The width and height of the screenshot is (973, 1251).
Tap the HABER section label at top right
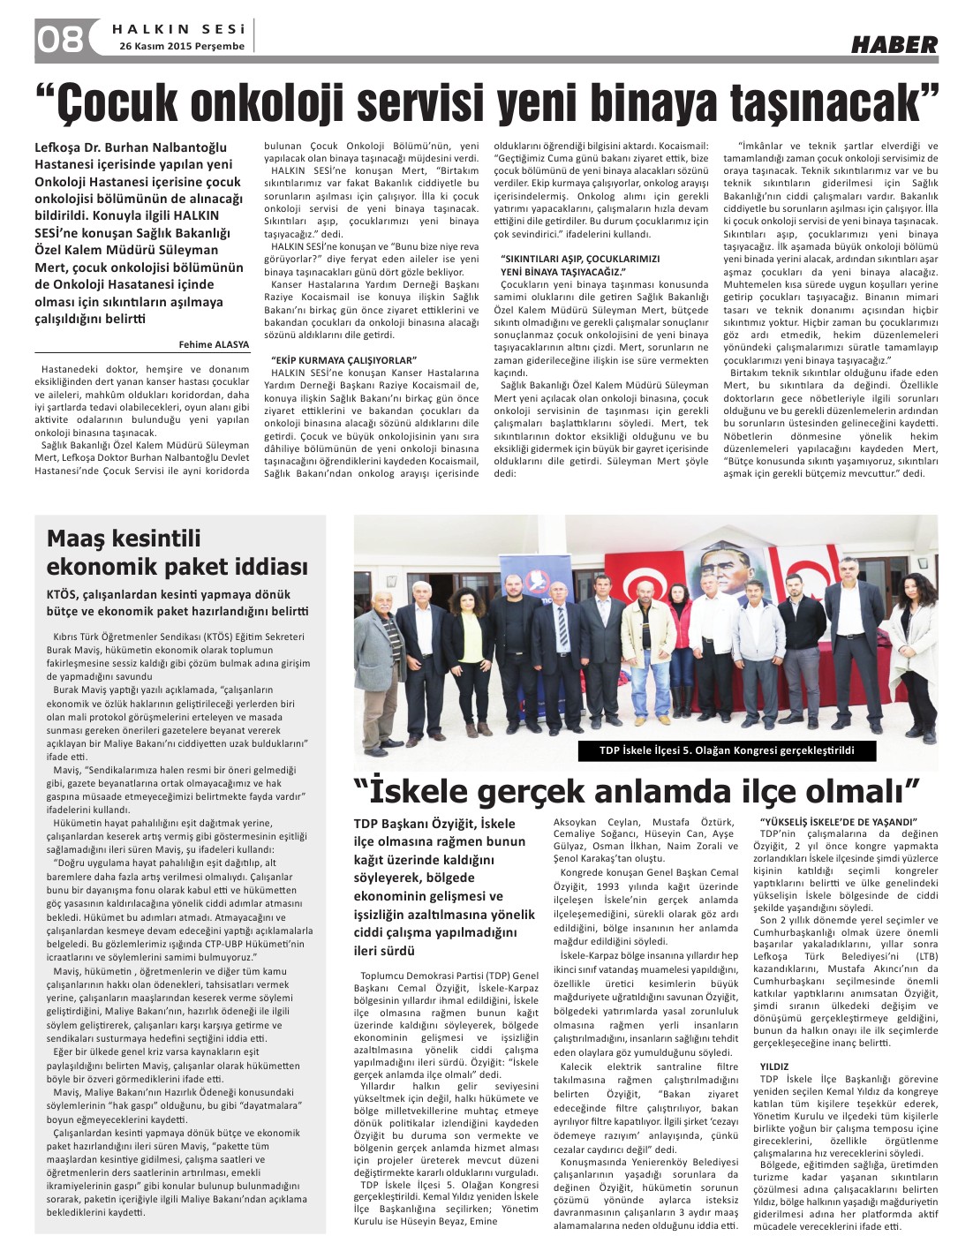pyautogui.click(x=894, y=45)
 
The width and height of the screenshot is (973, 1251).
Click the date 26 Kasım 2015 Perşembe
pyautogui.click(x=182, y=46)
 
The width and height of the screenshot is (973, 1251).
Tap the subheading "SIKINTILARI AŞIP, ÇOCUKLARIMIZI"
pyautogui.click(x=580, y=260)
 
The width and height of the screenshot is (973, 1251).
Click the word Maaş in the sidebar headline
pyautogui.click(x=81, y=539)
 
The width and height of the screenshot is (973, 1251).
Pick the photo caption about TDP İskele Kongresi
pyautogui.click(x=727, y=750)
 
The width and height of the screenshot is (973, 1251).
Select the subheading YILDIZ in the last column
pyautogui.click(x=774, y=1066)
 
